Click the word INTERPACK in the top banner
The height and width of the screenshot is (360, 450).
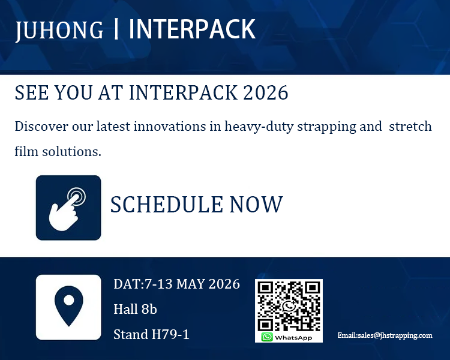(192, 29)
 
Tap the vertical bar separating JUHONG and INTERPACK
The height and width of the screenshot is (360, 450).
(116, 30)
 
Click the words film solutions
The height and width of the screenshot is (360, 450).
(58, 151)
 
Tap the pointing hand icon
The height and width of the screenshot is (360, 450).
(68, 208)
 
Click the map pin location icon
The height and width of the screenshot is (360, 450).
(68, 307)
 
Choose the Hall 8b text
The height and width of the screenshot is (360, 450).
(135, 310)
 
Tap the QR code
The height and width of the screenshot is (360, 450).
(289, 305)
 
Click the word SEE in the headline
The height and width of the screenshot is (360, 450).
(31, 93)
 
